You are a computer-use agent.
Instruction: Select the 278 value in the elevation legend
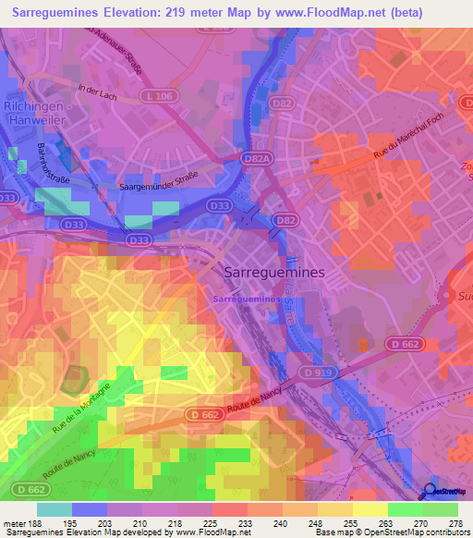coord(456,522)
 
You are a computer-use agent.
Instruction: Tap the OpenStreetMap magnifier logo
coord(429,491)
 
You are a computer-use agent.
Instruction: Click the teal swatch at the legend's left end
coord(55,509)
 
